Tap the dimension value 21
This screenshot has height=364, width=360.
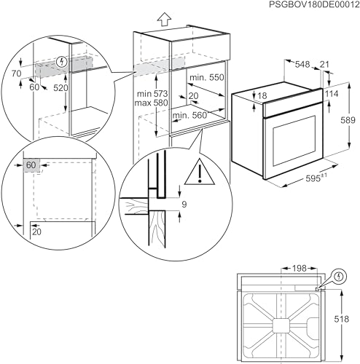(x=324, y=64)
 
